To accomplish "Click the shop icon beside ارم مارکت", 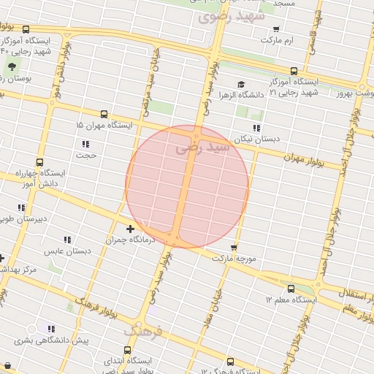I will click(x=276, y=30).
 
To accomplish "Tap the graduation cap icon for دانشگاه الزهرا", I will click(x=242, y=85).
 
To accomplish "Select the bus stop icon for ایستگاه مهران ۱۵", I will click(x=104, y=115).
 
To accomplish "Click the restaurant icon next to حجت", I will click(x=86, y=144).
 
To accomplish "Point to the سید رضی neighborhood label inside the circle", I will click(x=203, y=148).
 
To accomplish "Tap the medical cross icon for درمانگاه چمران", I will click(x=131, y=229).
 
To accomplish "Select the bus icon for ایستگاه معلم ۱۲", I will click(x=292, y=289).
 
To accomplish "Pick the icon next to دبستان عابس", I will click(x=67, y=240).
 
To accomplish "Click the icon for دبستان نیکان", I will click(x=256, y=128).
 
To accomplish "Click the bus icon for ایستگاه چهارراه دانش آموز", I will click(x=39, y=163).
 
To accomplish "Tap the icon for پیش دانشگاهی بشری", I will click(x=50, y=329).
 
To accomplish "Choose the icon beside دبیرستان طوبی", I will click(x=21, y=207).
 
